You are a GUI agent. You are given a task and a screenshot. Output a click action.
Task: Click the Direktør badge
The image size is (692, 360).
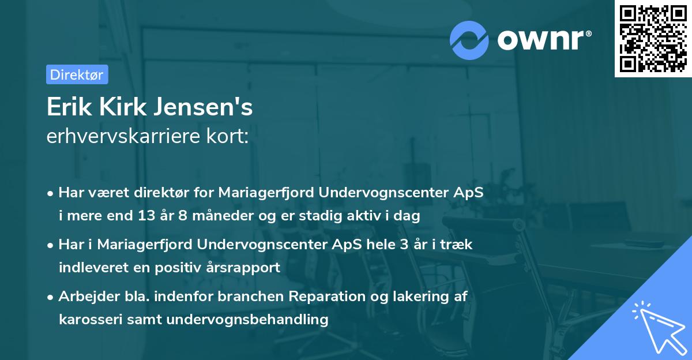tap(77, 74)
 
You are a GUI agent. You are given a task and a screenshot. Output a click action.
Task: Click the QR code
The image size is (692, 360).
tap(653, 39)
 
